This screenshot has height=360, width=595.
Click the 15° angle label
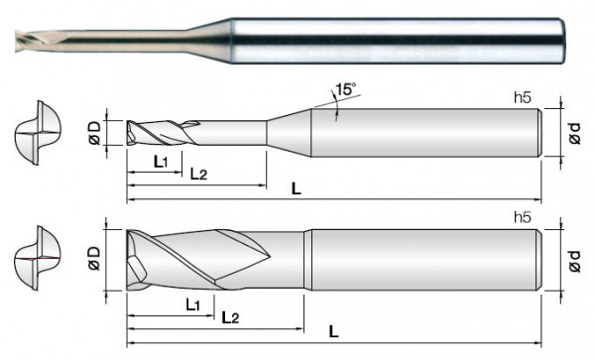(x=345, y=89)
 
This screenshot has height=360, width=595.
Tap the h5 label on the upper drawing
(x=523, y=98)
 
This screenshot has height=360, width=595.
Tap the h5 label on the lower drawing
(x=523, y=218)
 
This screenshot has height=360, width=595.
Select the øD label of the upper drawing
(x=94, y=133)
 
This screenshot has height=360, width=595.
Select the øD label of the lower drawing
(x=94, y=259)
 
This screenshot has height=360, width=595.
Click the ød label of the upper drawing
(x=575, y=133)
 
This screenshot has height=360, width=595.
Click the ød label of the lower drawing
(x=575, y=261)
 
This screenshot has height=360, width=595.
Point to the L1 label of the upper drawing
(x=160, y=163)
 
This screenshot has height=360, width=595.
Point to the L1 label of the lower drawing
(x=192, y=304)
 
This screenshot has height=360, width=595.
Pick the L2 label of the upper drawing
(x=198, y=175)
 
